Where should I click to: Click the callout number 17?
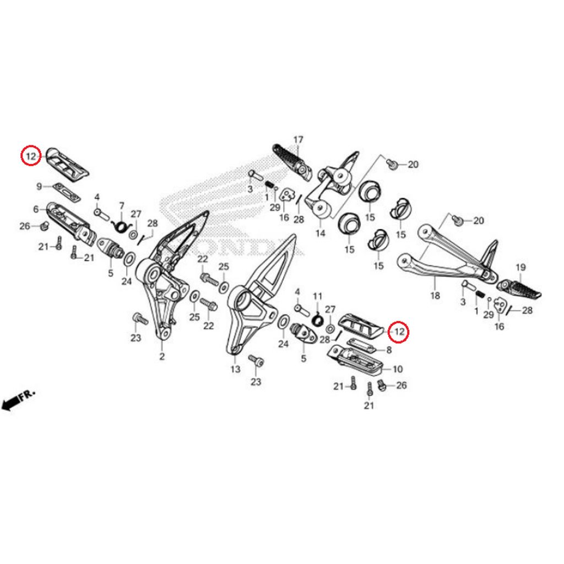[298, 140]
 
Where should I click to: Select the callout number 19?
[520, 268]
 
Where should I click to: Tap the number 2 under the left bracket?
[162, 356]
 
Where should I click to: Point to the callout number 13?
[235, 369]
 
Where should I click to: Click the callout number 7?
[122, 205]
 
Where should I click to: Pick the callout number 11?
[317, 297]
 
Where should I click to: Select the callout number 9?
[40, 187]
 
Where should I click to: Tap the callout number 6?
[36, 209]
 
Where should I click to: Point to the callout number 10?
[398, 369]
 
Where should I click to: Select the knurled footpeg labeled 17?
[290, 158]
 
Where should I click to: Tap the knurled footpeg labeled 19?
[520, 289]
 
